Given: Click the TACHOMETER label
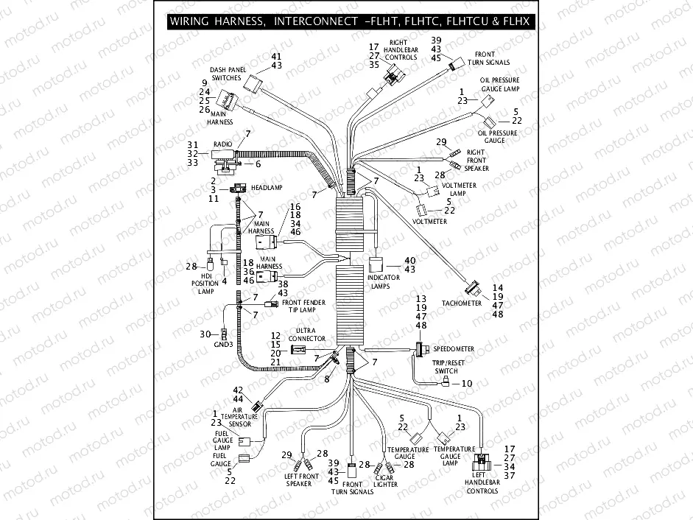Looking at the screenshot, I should [x=461, y=303].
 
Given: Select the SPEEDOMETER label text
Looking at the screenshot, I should [x=454, y=348].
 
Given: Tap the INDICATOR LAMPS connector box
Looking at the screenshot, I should [x=374, y=264].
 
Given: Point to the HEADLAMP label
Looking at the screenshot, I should [x=267, y=188].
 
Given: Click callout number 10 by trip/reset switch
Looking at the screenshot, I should [x=466, y=384].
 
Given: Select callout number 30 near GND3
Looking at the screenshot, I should [x=206, y=334].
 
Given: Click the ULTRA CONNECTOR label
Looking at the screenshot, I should [x=306, y=334].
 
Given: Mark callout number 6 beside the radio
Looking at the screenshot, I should [x=258, y=164].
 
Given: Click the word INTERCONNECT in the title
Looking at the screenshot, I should [x=314, y=21].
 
